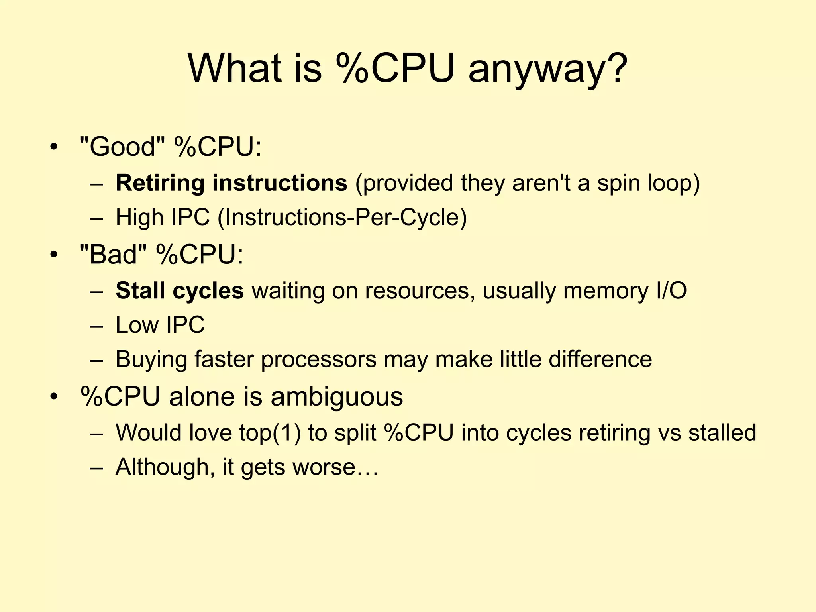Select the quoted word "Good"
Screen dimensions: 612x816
click(x=122, y=147)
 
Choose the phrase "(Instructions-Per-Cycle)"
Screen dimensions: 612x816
click(x=342, y=218)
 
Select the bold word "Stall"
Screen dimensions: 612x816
click(x=140, y=290)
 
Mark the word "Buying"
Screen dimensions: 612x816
click(x=151, y=359)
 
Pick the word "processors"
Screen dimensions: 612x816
click(x=319, y=359)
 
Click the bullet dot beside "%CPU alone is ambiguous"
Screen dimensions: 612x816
click(x=54, y=397)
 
